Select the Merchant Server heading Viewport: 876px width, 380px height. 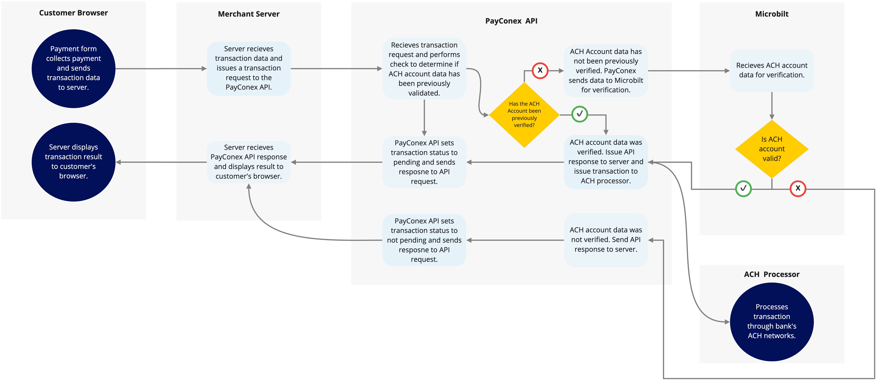pos(249,14)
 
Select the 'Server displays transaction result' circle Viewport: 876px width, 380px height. pos(73,162)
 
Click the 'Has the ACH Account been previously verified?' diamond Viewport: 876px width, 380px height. pos(524,115)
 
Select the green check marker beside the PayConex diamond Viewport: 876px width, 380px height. pos(580,114)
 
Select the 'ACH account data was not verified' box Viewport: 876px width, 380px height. pos(606,240)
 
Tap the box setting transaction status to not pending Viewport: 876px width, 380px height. pos(424,240)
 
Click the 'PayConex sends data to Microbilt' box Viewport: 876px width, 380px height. pos(606,70)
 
